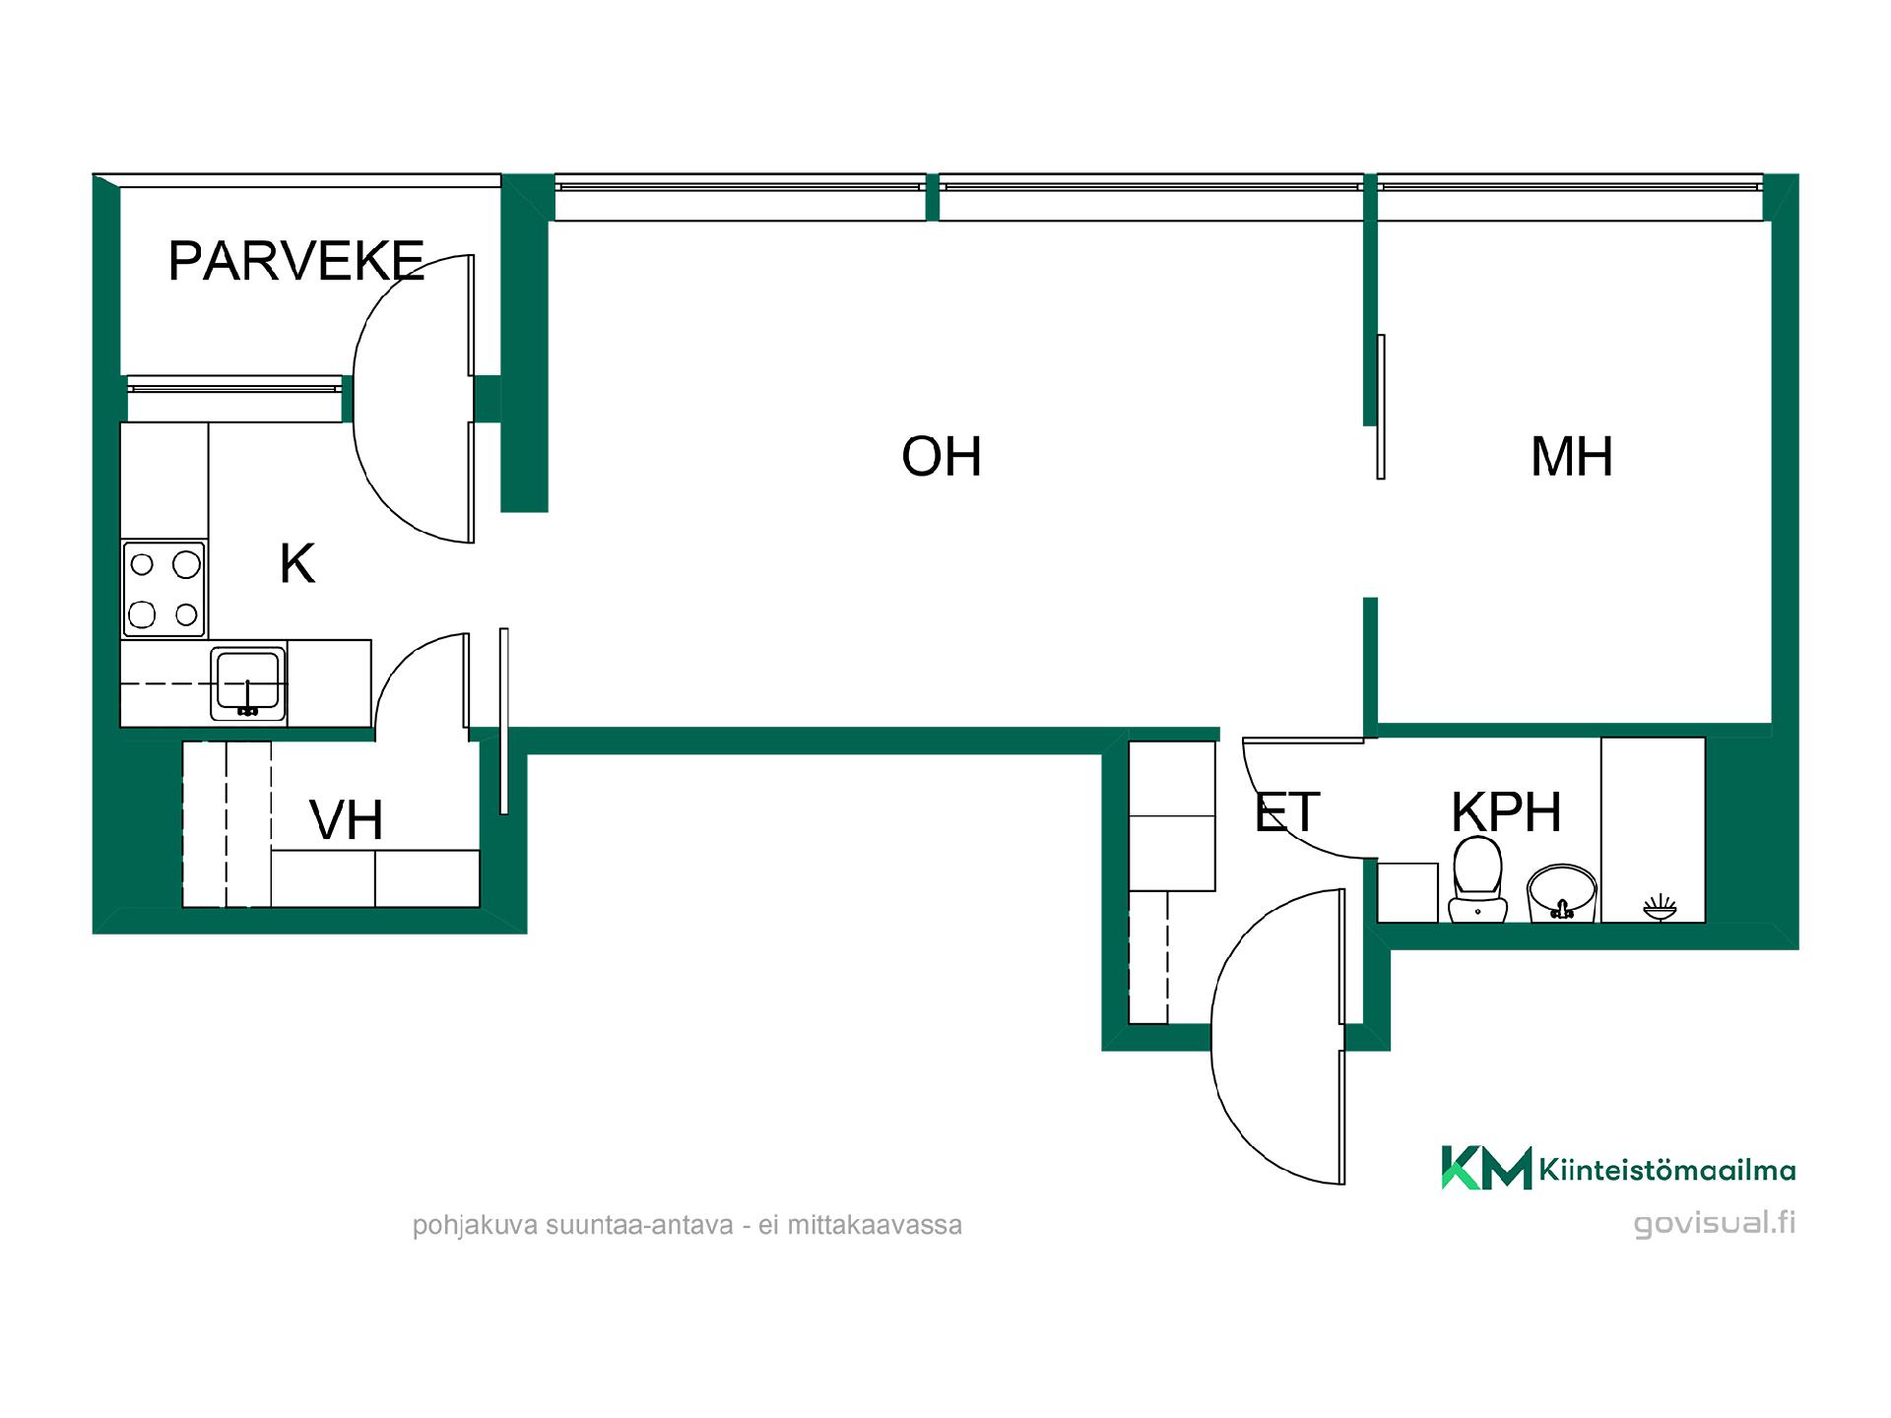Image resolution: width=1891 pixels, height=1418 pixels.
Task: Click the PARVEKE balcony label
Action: point(295,261)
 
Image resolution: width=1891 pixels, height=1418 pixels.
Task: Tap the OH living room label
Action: point(942,457)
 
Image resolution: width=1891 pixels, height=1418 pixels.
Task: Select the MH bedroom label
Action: point(1572,457)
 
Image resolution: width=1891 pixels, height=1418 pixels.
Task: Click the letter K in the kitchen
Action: point(297,563)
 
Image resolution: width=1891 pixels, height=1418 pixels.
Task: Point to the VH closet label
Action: point(346,820)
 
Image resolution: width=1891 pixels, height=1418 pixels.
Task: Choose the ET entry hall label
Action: point(1286,812)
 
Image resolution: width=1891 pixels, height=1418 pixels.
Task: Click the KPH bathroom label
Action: point(1506,812)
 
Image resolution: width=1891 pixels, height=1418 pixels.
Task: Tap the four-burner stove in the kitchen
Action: point(163,589)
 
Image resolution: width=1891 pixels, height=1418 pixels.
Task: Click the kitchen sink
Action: point(248,683)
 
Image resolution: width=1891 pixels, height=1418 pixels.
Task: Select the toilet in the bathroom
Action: point(1477,880)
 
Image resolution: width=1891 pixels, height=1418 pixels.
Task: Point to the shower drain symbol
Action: point(1660,907)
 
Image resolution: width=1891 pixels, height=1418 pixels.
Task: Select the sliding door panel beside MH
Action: point(1381,407)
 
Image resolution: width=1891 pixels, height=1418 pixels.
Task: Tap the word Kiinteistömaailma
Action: point(1666,1170)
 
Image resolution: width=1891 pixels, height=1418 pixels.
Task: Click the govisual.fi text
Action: point(1715,1223)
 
